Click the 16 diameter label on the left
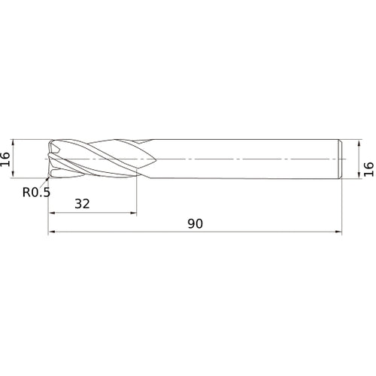tap(6, 158)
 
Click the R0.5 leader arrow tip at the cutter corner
tap(50, 177)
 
